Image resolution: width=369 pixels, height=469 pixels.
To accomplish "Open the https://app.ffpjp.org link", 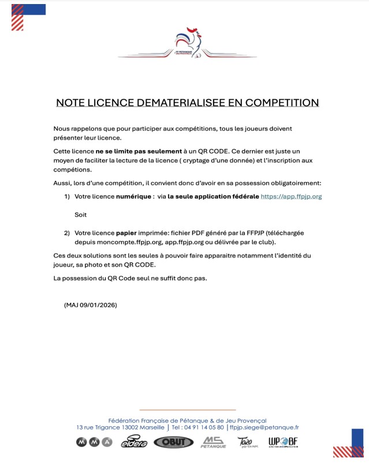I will [291, 196].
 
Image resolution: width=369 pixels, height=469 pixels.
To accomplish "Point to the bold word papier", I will [126, 233].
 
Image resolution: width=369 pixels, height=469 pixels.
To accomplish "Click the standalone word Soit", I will [81, 215].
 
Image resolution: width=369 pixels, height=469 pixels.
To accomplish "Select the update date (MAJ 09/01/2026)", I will [91, 304].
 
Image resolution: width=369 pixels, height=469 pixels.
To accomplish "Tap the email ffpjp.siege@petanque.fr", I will [264, 427].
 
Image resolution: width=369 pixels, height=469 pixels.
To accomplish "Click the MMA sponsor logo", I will [94, 442].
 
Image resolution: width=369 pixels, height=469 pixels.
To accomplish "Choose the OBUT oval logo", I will [172, 442].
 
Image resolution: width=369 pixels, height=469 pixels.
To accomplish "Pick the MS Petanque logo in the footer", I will [213, 442].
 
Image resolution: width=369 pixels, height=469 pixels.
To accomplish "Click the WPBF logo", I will [283, 442].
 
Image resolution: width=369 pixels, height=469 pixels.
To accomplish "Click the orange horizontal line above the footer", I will [188, 410].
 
